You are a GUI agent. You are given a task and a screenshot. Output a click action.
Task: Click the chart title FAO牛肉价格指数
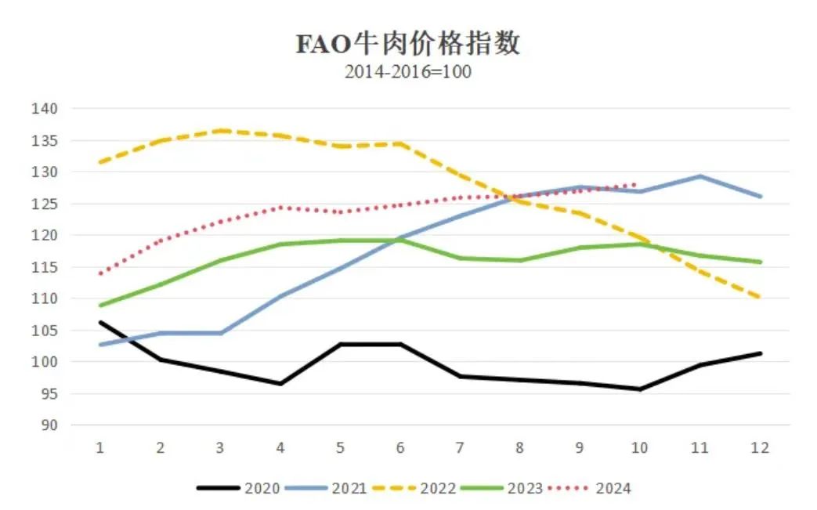pyautogui.click(x=407, y=44)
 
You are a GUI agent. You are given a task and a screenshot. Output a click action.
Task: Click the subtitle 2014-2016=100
pyautogui.click(x=407, y=72)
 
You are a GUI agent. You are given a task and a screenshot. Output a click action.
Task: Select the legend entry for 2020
pyautogui.click(x=240, y=489)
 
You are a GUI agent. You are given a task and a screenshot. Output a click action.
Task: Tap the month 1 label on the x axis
pyautogui.click(x=100, y=448)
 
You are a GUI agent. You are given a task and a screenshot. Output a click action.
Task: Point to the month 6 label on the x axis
pyautogui.click(x=400, y=448)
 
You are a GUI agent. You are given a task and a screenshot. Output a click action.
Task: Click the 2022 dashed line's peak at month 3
pyautogui.click(x=221, y=130)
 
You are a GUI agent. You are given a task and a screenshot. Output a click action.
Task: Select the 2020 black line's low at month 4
pyautogui.click(x=280, y=384)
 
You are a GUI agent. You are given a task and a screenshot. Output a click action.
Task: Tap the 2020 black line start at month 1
pyautogui.click(x=100, y=322)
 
